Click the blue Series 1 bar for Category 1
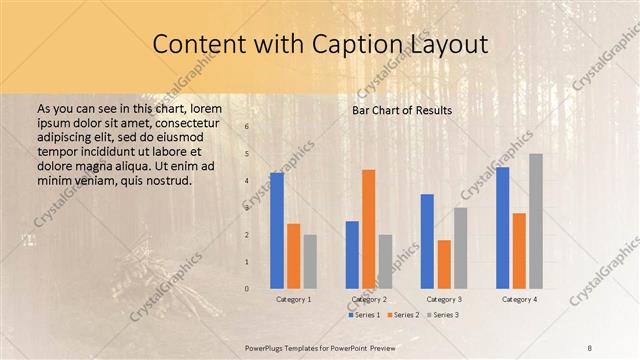pyautogui.click(x=276, y=231)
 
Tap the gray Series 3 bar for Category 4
pyautogui.click(x=536, y=221)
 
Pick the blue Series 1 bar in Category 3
pyautogui.click(x=427, y=241)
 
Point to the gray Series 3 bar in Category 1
pyautogui.click(x=310, y=262)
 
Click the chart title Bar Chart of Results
pyautogui.click(x=402, y=110)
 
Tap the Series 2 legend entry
pyautogui.click(x=402, y=315)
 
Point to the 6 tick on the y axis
pyautogui.click(x=247, y=127)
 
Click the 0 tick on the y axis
pyautogui.click(x=247, y=289)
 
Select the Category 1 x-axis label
pyautogui.click(x=293, y=299)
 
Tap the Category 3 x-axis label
pyautogui.click(x=444, y=299)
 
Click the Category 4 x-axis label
pyautogui.click(x=519, y=299)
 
